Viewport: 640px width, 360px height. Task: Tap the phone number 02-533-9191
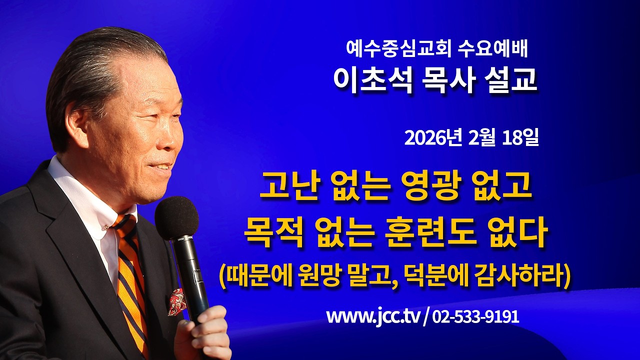(475, 317)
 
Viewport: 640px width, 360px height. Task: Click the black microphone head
(176, 218)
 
